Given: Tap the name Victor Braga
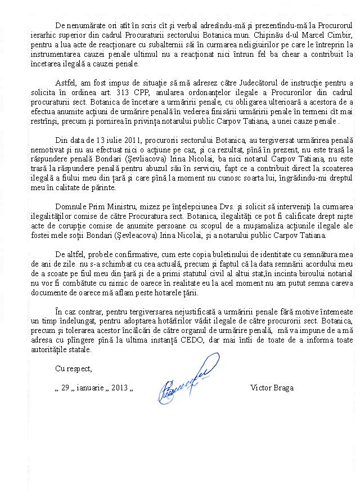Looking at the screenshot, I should (272, 388).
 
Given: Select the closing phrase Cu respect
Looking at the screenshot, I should (73, 368).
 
